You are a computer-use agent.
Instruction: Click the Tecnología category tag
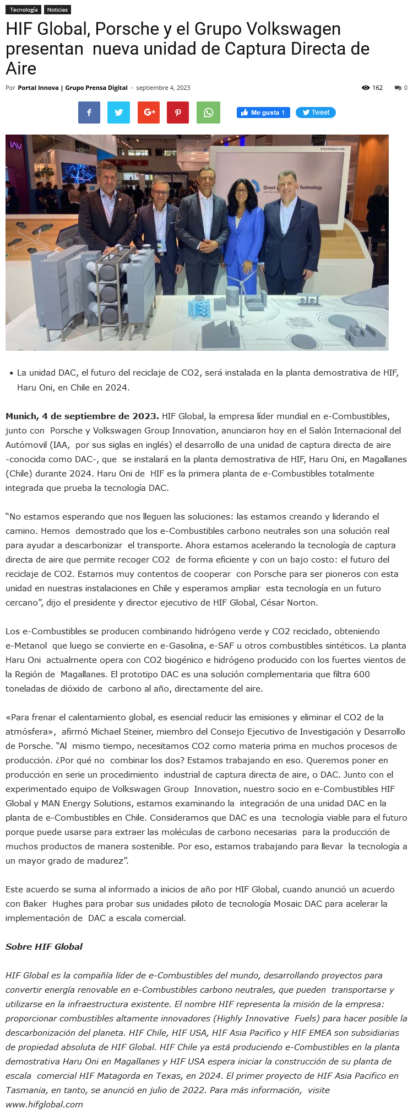[24, 10]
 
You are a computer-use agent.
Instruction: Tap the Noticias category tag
[57, 10]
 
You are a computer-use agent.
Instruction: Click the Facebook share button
[89, 113]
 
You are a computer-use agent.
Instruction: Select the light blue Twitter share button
[119, 113]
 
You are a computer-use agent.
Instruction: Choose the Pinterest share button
[178, 113]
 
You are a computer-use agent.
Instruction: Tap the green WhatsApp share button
[208, 113]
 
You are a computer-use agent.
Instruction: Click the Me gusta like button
[263, 113]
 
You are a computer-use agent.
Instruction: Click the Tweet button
[316, 113]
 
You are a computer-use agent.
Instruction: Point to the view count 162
[377, 88]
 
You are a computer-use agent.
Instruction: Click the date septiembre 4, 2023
[163, 88]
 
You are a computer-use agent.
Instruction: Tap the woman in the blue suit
[242, 232]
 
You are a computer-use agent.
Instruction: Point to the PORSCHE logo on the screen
[332, 149]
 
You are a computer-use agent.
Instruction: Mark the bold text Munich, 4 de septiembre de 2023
[82, 416]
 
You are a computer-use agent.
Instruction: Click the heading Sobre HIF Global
[44, 946]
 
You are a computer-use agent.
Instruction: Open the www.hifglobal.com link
[44, 1104]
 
